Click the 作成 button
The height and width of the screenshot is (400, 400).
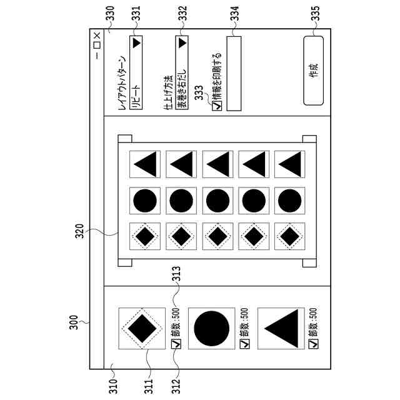[x=313, y=71]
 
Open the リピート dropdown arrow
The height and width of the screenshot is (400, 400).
[x=136, y=43]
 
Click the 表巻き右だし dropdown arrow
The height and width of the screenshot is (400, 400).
[x=181, y=43]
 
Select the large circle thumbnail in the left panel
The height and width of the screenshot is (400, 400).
[x=212, y=326]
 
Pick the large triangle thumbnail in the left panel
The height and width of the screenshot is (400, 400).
[x=281, y=326]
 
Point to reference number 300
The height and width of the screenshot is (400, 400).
[x=72, y=322]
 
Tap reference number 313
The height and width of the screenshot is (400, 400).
[x=176, y=273]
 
